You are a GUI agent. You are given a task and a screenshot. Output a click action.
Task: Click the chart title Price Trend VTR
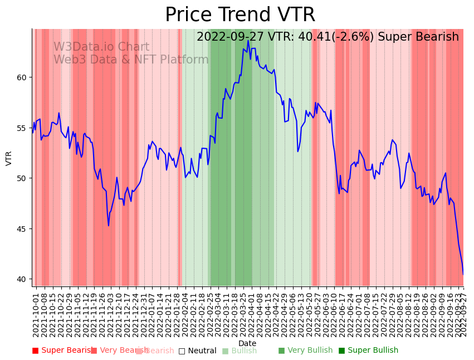[x=240, y=15]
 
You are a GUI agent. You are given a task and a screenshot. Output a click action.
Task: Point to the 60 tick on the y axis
[x=22, y=77]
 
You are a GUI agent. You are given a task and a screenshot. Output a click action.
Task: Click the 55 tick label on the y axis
[x=22, y=128]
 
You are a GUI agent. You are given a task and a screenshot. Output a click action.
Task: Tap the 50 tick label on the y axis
[x=22, y=178]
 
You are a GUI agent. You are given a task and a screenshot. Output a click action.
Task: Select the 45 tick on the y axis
[x=22, y=229]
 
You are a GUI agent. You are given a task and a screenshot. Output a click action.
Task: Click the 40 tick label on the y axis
[x=22, y=279]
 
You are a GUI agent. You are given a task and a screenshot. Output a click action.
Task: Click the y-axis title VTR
[x=9, y=158]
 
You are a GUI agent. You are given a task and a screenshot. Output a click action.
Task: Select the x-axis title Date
[x=247, y=344]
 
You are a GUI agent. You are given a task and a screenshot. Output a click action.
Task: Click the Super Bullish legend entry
[x=369, y=351]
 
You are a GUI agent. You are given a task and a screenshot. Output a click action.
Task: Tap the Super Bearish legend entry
[x=62, y=351]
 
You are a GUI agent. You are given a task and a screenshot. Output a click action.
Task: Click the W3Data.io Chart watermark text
[x=101, y=47]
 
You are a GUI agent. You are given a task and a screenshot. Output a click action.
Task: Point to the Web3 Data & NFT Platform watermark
[x=131, y=60]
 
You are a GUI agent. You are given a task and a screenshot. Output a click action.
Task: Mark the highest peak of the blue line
[x=248, y=40]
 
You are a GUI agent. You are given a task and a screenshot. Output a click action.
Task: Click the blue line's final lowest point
[x=463, y=274]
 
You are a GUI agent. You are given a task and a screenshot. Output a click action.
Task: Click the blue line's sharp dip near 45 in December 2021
[x=109, y=225]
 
